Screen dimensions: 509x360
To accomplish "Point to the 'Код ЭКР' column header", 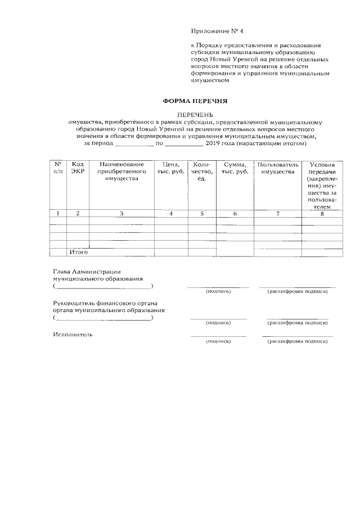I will point(78,168).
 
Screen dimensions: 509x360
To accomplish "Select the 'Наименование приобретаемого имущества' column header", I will point(121,171).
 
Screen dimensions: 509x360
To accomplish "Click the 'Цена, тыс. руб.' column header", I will point(170,168).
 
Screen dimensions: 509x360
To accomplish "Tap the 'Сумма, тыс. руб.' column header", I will point(235,168).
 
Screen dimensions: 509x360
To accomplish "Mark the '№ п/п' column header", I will point(58,168).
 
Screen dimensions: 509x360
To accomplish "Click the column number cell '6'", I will point(235,214).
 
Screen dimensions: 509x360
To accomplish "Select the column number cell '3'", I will point(121,214).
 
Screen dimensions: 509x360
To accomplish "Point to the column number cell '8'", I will point(322,214).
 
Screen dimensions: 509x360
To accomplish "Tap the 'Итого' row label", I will point(78,252).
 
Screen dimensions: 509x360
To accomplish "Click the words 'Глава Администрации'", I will point(87,271).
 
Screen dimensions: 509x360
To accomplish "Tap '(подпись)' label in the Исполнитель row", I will point(218,341).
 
